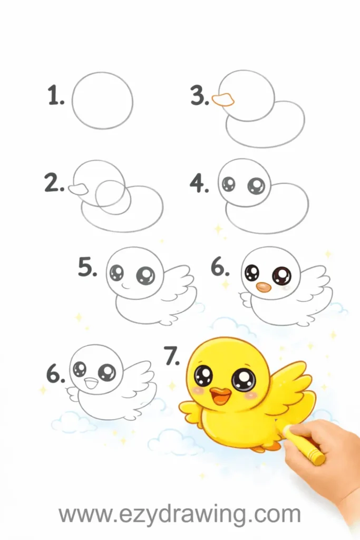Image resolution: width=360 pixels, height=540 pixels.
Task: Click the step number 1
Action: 56,95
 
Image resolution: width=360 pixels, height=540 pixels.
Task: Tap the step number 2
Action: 54,182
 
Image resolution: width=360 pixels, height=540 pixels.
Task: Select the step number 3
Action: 200,95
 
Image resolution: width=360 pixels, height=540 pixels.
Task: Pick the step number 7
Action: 172,356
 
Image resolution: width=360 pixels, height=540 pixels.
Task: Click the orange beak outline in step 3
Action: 223,100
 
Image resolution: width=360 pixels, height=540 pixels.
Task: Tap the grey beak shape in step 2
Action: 79,189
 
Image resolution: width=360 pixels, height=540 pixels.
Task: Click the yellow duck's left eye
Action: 203,375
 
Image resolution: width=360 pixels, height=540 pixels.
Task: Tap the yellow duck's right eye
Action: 244,381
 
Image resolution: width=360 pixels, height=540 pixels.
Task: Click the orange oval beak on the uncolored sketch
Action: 264,287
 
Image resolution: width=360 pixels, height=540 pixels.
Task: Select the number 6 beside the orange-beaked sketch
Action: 220,267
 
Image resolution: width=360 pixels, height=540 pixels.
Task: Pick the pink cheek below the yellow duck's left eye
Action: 197,391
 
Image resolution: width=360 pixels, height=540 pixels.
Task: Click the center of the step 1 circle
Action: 103,101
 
